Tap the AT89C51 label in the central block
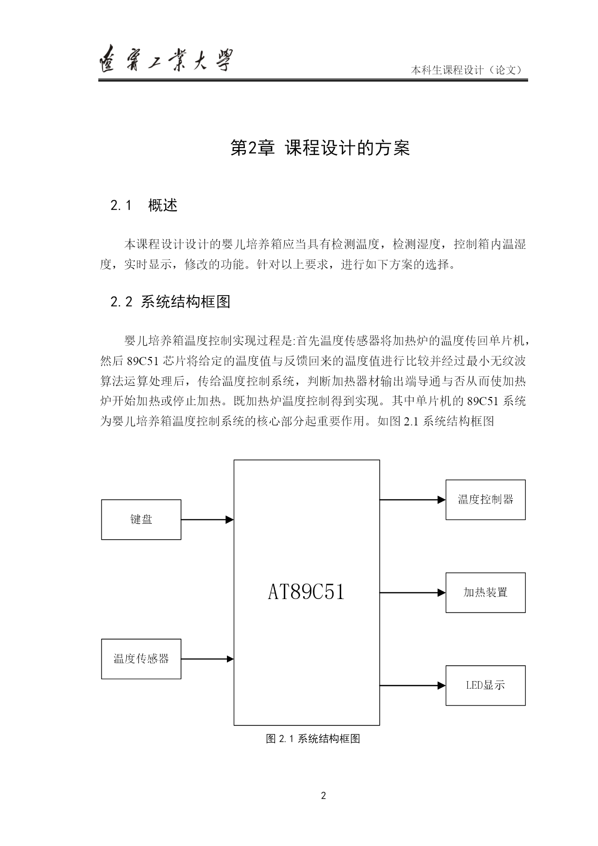[x=306, y=592]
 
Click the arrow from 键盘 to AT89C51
[x=208, y=519]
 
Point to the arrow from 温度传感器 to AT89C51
[x=208, y=659]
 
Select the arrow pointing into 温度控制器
[x=413, y=500]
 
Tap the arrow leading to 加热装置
[x=413, y=593]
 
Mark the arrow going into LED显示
[x=413, y=685]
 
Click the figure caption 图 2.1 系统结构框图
[x=313, y=738]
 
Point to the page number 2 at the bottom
[x=323, y=795]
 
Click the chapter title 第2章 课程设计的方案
[x=320, y=148]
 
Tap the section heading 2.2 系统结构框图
[x=171, y=302]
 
